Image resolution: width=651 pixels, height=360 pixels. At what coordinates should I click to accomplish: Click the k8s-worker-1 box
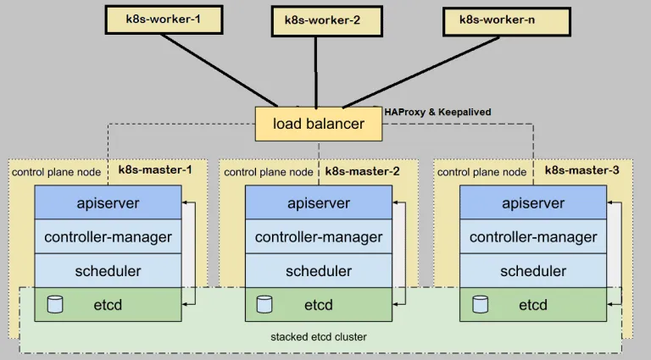[x=164, y=19]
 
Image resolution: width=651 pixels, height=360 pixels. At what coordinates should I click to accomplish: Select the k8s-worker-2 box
[x=326, y=21]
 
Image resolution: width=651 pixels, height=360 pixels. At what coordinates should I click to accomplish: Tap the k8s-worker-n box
[x=507, y=21]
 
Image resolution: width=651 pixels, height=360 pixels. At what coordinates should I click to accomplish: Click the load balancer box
[x=319, y=124]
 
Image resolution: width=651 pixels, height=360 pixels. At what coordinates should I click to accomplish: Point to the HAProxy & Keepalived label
[x=437, y=112]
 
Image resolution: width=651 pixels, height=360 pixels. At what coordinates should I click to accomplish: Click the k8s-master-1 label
[x=155, y=170]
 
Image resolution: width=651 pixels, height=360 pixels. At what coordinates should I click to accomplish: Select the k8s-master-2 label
[x=362, y=171]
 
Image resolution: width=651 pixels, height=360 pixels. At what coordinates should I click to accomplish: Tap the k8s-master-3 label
[x=581, y=170]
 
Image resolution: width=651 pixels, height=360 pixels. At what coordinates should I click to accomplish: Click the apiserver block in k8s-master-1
[x=108, y=202]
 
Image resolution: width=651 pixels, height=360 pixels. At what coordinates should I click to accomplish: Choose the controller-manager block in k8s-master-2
[x=319, y=236]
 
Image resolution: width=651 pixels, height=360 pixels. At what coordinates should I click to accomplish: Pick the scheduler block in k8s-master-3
[x=533, y=270]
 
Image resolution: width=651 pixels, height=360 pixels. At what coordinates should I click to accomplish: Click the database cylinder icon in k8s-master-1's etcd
[x=55, y=304]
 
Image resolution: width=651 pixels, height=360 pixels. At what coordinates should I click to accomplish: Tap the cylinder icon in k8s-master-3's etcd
[x=481, y=304]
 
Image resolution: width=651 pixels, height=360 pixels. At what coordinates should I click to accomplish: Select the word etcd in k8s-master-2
[x=319, y=305]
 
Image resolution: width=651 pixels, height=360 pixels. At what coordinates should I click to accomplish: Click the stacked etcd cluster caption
[x=319, y=337]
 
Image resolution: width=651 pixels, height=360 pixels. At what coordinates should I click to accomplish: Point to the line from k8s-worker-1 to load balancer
[x=220, y=70]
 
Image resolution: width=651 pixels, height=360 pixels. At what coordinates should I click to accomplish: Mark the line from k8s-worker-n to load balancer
[x=420, y=72]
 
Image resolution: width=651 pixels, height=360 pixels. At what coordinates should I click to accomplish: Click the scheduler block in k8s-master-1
[x=108, y=270]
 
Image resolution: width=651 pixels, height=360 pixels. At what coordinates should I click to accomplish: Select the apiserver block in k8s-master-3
[x=533, y=202]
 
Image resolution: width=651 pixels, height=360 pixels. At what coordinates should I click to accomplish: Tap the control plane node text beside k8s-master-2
[x=268, y=172]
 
